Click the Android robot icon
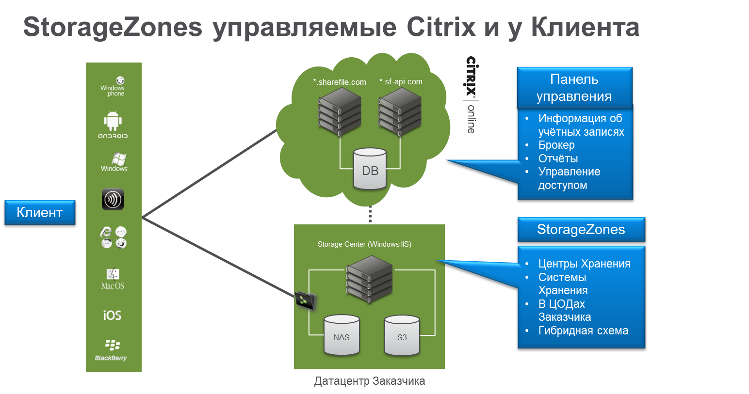[x=113, y=121]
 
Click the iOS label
[x=112, y=315]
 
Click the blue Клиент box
[x=40, y=212]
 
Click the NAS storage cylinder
[x=342, y=335]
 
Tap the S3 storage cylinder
[x=402, y=335]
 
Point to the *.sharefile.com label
[x=340, y=82]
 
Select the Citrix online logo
[x=471, y=95]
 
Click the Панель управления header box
[x=574, y=88]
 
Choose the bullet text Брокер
[x=556, y=145]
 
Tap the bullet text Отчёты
[x=558, y=158]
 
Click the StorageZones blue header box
[x=581, y=229]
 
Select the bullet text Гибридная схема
[x=583, y=331]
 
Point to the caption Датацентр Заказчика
[x=369, y=381]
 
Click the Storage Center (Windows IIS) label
[x=364, y=244]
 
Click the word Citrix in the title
[x=441, y=27]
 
